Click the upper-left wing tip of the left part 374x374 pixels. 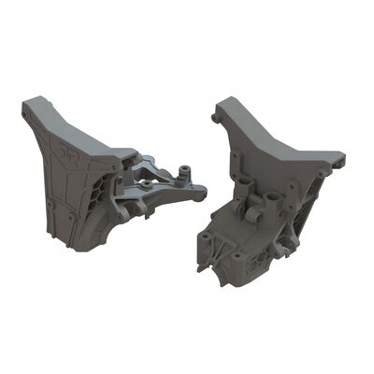point(31,102)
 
